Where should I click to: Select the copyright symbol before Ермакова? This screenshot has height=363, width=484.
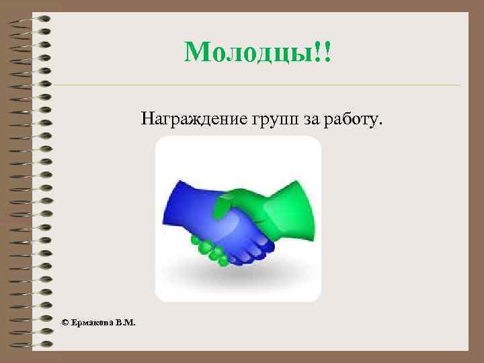(65, 323)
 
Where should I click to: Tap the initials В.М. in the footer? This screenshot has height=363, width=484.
(125, 323)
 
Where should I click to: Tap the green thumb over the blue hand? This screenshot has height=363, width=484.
(225, 202)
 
